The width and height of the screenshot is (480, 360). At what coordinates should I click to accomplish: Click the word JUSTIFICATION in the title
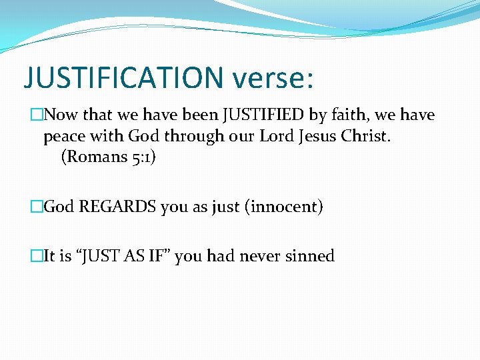click(x=124, y=77)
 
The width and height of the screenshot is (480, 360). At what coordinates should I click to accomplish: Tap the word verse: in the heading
click(x=272, y=77)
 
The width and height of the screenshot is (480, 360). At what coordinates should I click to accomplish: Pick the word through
click(x=185, y=137)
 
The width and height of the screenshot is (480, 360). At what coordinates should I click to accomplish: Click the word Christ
click(x=364, y=137)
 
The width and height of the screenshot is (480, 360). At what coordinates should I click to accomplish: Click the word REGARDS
click(x=117, y=207)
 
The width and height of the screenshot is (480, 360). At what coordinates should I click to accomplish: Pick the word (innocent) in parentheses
click(x=285, y=207)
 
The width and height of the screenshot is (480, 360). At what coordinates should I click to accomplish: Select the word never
click(x=264, y=256)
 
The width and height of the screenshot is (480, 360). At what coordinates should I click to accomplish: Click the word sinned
click(x=311, y=256)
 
